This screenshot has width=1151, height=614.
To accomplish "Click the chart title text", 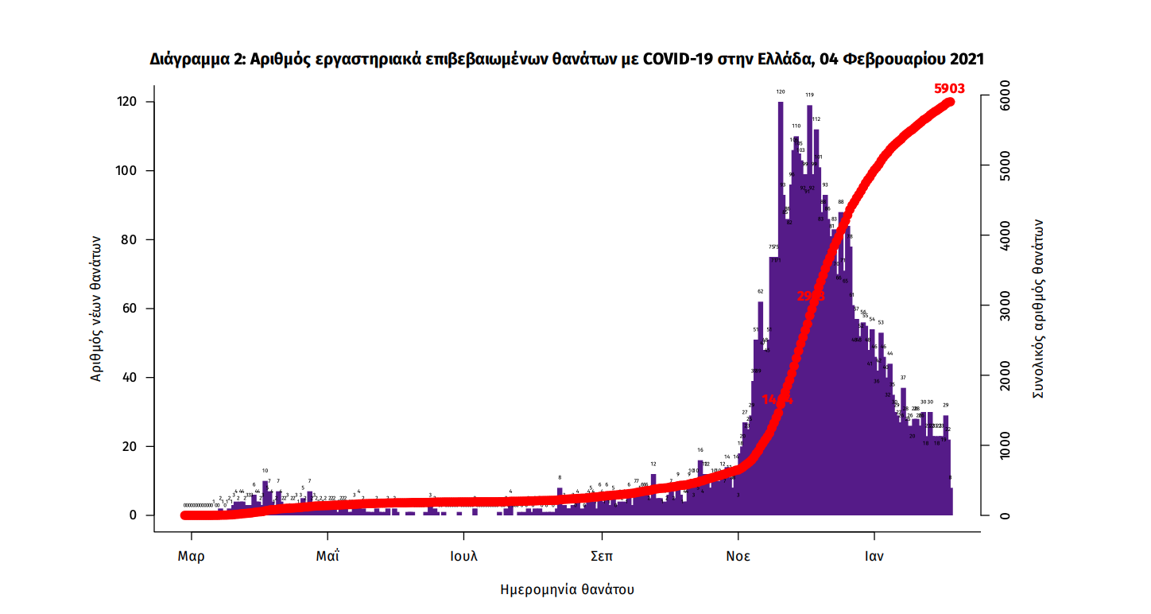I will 567,60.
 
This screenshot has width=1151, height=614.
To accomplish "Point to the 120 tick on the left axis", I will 128,102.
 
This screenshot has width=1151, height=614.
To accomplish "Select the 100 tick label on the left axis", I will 128,171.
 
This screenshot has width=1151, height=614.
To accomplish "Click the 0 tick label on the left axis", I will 134,515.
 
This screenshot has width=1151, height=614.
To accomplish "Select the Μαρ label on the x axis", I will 191,556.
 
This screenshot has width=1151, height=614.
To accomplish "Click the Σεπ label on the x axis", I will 602,556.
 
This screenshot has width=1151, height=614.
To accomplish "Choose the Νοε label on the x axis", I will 738,556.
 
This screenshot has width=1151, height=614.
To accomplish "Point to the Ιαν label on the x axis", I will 874,556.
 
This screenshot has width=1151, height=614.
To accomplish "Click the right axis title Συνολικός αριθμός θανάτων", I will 1038,309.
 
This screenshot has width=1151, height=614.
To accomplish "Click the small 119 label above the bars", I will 809,95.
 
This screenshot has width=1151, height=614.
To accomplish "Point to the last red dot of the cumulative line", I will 949,102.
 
